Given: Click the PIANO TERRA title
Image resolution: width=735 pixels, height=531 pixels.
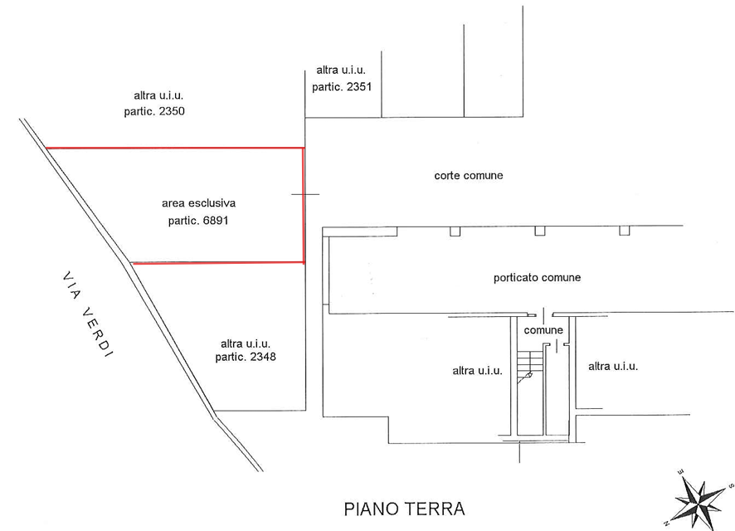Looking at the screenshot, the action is pos(404,509).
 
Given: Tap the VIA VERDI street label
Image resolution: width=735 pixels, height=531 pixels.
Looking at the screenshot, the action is pos(88,315).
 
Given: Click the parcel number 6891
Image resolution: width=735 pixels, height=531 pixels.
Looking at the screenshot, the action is pos(216,220).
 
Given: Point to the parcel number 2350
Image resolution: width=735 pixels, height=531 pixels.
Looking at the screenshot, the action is pos(172,111).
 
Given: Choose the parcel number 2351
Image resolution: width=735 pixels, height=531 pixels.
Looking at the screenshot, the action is pos(359,87).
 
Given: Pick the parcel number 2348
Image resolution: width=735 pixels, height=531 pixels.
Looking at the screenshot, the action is pos(263,357).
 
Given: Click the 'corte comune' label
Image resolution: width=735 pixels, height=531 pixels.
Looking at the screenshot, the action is pos(468,175).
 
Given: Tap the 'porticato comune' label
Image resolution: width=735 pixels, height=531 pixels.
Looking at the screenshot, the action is pos(537,277).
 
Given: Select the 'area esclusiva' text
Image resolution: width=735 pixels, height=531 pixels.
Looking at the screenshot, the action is pos(199,203).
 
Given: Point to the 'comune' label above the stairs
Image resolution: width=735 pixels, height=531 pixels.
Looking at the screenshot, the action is pos(543,330).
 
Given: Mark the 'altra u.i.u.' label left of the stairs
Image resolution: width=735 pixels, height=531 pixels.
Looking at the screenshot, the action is pos(477,371).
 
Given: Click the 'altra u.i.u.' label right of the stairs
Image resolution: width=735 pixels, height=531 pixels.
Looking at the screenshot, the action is pos(613,366).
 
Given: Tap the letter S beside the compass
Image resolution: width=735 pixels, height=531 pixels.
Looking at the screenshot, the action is pos(730,486).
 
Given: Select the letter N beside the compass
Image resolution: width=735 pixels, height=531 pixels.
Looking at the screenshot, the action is pos(666,523).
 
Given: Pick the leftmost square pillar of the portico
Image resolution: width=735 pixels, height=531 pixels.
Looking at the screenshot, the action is pos(455,231).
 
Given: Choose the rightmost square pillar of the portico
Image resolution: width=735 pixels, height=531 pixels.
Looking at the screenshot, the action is pos(624,230).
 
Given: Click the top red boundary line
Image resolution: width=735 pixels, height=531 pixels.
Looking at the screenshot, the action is pos(175,148).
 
